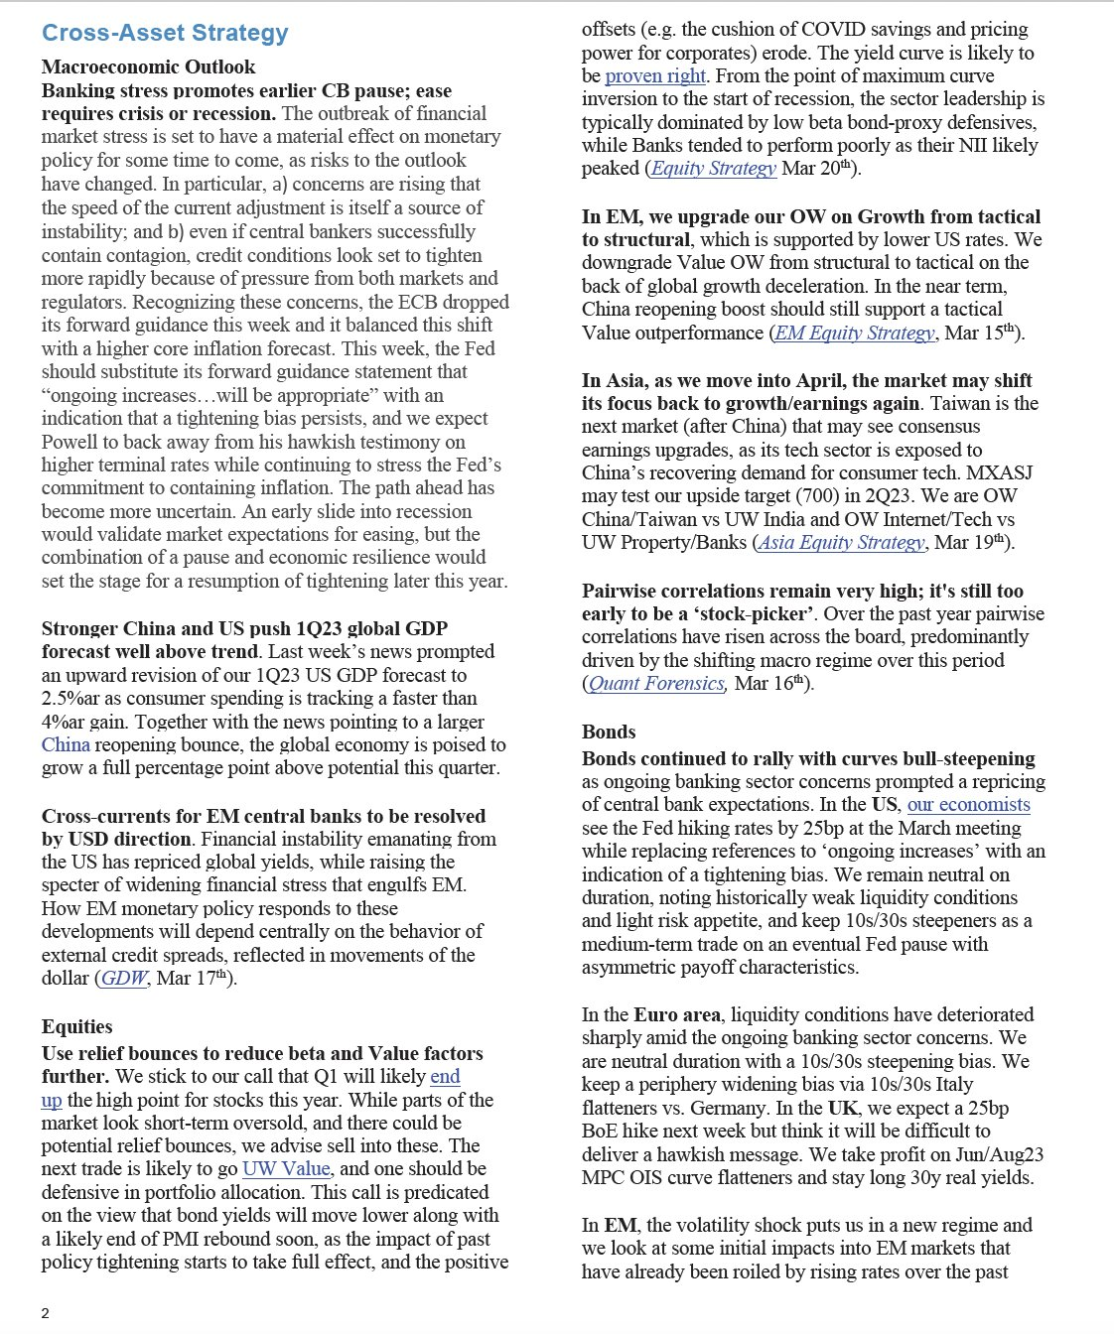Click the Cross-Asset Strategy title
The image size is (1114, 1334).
(x=165, y=33)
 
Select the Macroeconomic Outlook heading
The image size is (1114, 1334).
(x=148, y=67)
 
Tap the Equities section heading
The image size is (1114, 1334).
(x=76, y=1026)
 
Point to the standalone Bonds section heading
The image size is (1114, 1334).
(x=609, y=732)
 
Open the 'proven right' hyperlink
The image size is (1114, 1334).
(x=655, y=75)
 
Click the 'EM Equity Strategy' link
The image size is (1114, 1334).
(x=855, y=333)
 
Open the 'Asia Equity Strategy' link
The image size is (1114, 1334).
(x=842, y=542)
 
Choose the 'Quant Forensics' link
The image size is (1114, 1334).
(x=656, y=683)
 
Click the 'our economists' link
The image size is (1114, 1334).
(x=969, y=804)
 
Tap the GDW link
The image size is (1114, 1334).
(x=124, y=978)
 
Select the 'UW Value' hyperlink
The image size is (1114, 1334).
(x=286, y=1168)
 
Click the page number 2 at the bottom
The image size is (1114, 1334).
(x=46, y=1313)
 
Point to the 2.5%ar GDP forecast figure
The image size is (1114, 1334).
(x=73, y=698)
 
